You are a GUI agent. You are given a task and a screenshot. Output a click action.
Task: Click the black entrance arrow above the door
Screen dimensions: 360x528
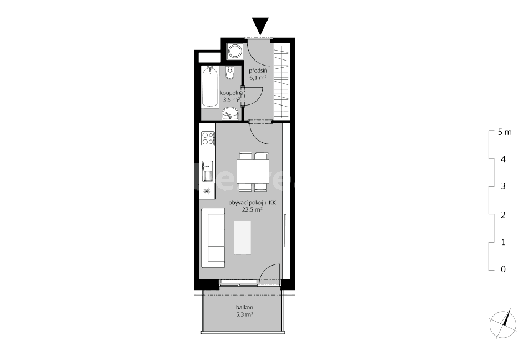[260, 26]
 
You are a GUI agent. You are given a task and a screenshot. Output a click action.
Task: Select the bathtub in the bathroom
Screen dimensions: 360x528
[209, 87]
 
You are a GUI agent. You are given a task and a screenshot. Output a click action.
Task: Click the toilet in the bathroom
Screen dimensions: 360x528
[230, 72]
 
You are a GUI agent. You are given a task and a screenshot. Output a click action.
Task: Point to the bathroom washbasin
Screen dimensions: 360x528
[230, 114]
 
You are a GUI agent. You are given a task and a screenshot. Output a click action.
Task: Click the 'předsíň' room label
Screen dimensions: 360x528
[258, 71]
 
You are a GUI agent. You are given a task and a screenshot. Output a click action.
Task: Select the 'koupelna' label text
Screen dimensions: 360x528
[235, 93]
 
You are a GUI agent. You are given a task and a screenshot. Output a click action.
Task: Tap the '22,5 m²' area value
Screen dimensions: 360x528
[252, 211]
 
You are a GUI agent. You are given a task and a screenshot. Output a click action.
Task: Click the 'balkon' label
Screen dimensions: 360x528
[244, 307]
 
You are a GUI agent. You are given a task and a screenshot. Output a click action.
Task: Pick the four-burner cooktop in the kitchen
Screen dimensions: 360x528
[208, 138]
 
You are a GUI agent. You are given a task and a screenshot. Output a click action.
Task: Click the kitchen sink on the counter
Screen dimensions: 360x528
[208, 169]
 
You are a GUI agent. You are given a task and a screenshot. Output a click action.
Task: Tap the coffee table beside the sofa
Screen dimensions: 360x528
[243, 237]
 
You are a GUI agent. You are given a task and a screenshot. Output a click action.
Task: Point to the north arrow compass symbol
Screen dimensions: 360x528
[502, 323]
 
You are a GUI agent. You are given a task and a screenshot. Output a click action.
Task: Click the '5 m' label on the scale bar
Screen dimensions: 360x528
[505, 132]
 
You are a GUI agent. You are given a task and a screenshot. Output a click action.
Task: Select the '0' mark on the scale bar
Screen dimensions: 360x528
[503, 269]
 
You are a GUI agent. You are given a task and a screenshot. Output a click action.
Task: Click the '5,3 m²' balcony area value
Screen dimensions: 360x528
[244, 314]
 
